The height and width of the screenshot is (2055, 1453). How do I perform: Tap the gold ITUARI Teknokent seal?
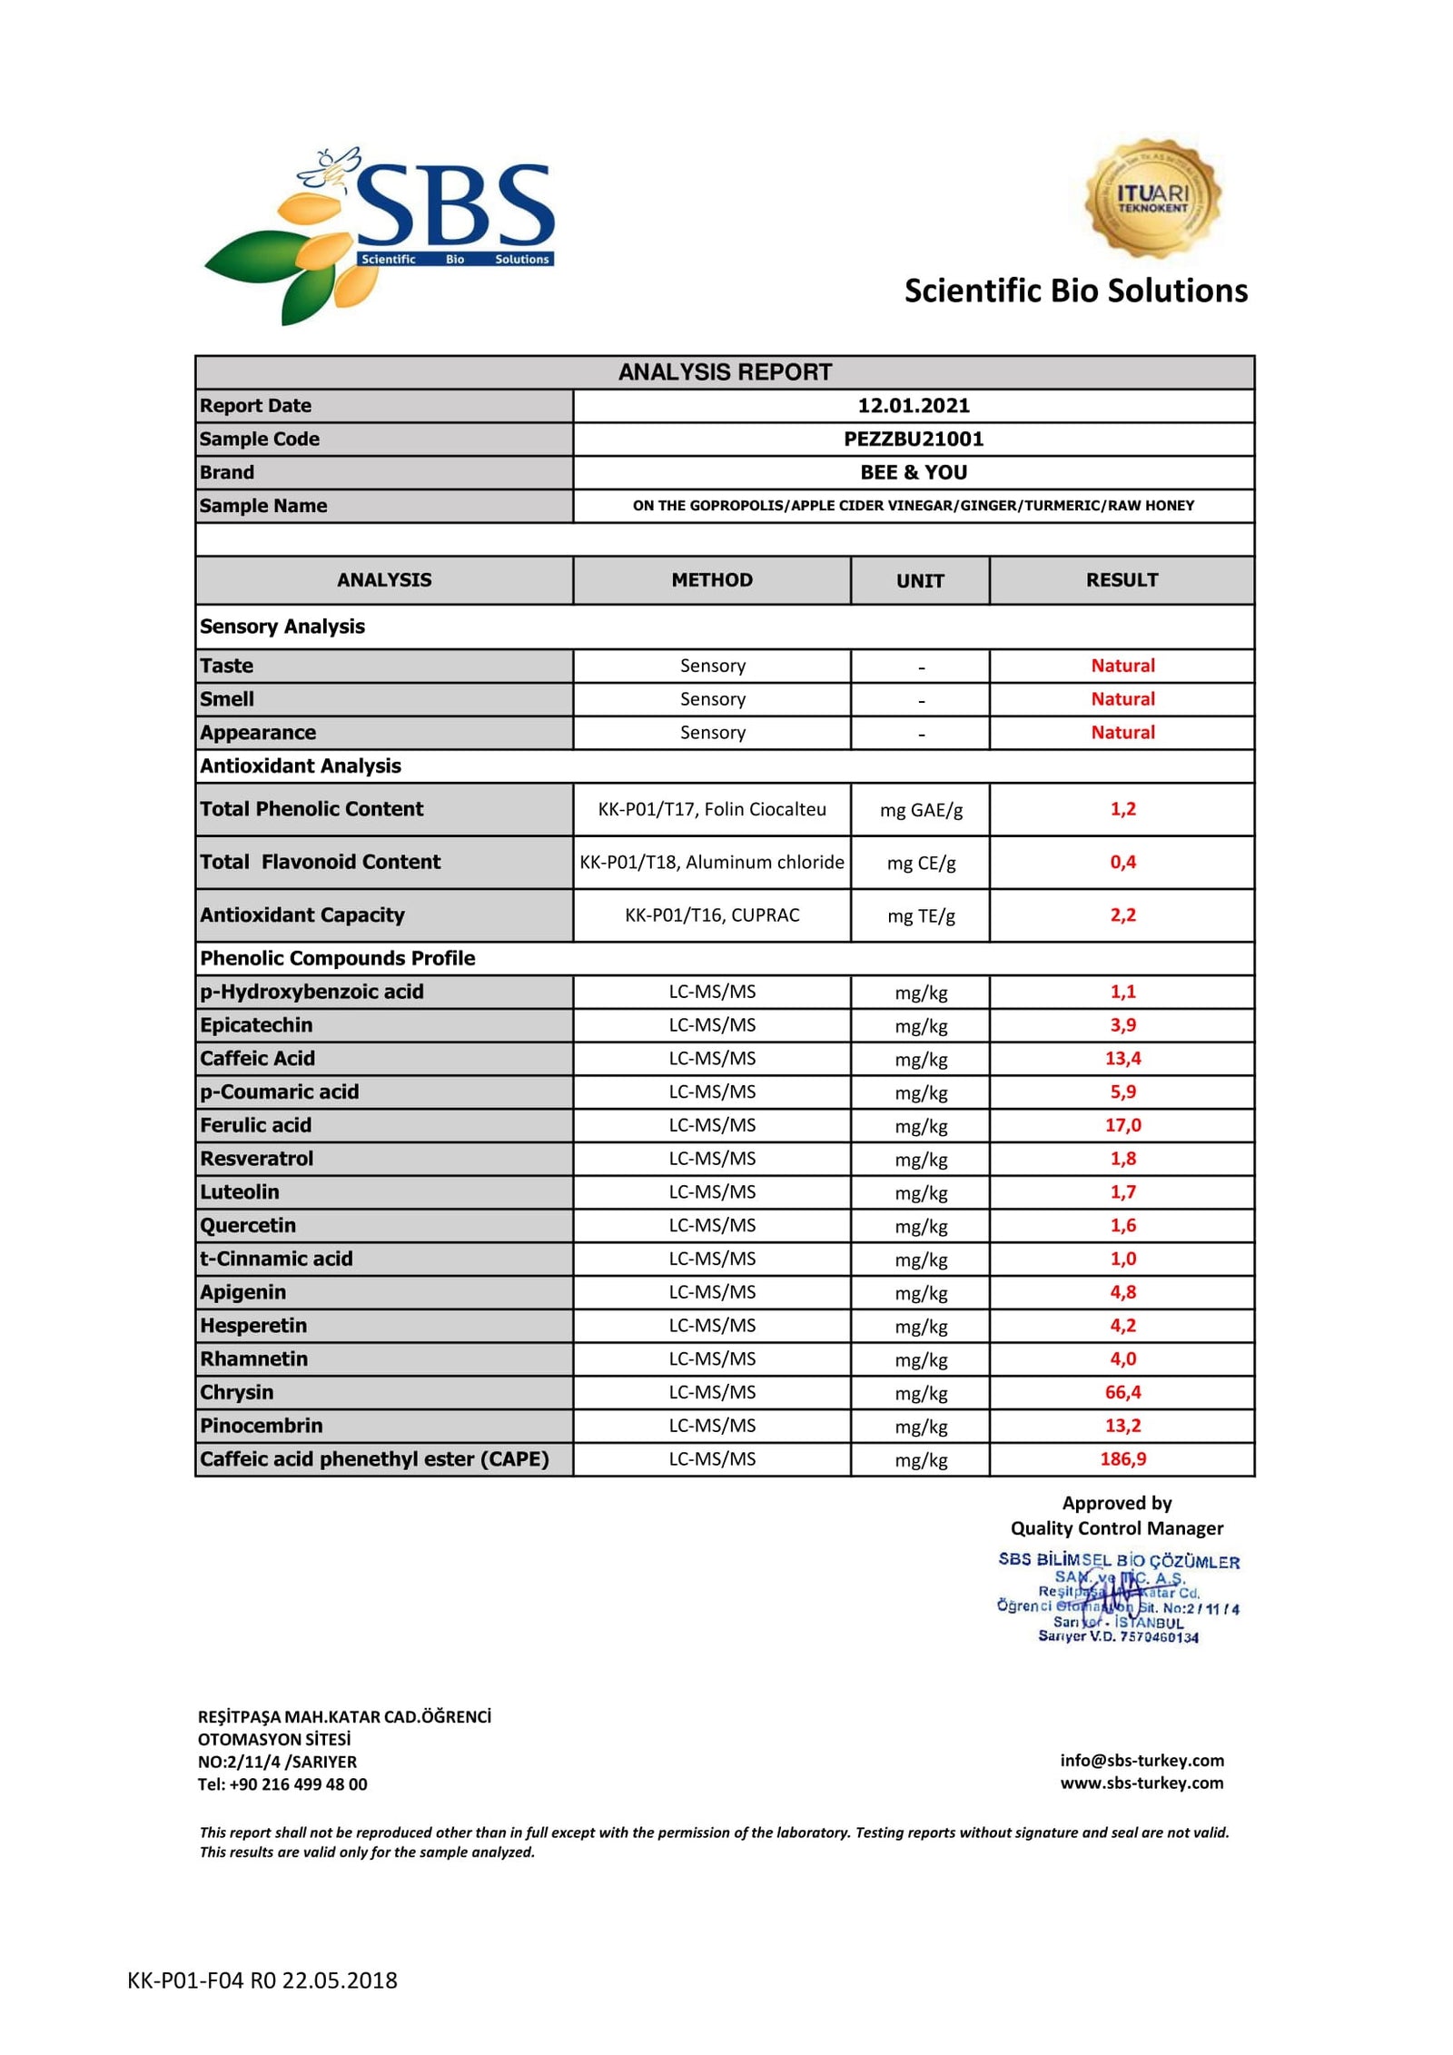coord(1152,198)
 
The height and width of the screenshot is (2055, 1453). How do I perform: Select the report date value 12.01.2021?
coord(913,406)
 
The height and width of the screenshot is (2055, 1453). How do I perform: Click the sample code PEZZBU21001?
coord(913,440)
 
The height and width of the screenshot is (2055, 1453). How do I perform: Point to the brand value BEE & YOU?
coord(913,472)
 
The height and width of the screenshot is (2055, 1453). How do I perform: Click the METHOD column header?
coord(712,580)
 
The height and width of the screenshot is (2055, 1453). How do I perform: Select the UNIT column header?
coord(920,581)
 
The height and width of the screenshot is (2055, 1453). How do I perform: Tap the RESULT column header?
coord(1122,580)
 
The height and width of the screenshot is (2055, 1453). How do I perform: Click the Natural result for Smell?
coord(1122,699)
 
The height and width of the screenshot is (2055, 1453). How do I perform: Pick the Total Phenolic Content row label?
coord(311,809)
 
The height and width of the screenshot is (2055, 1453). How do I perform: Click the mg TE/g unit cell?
coord(921,916)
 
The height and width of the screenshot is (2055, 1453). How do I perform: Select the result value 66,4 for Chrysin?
coord(1122,1392)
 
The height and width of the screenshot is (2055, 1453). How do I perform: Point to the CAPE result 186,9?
coord(1122,1459)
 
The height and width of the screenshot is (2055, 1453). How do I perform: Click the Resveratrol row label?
coord(257,1159)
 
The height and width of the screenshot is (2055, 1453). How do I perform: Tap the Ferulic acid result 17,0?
coord(1122,1125)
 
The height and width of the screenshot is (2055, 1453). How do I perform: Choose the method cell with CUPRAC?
coord(712,915)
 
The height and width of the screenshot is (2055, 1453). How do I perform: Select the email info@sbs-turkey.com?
coord(1142,1761)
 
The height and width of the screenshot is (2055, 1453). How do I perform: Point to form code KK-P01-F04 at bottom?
coord(262,1981)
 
